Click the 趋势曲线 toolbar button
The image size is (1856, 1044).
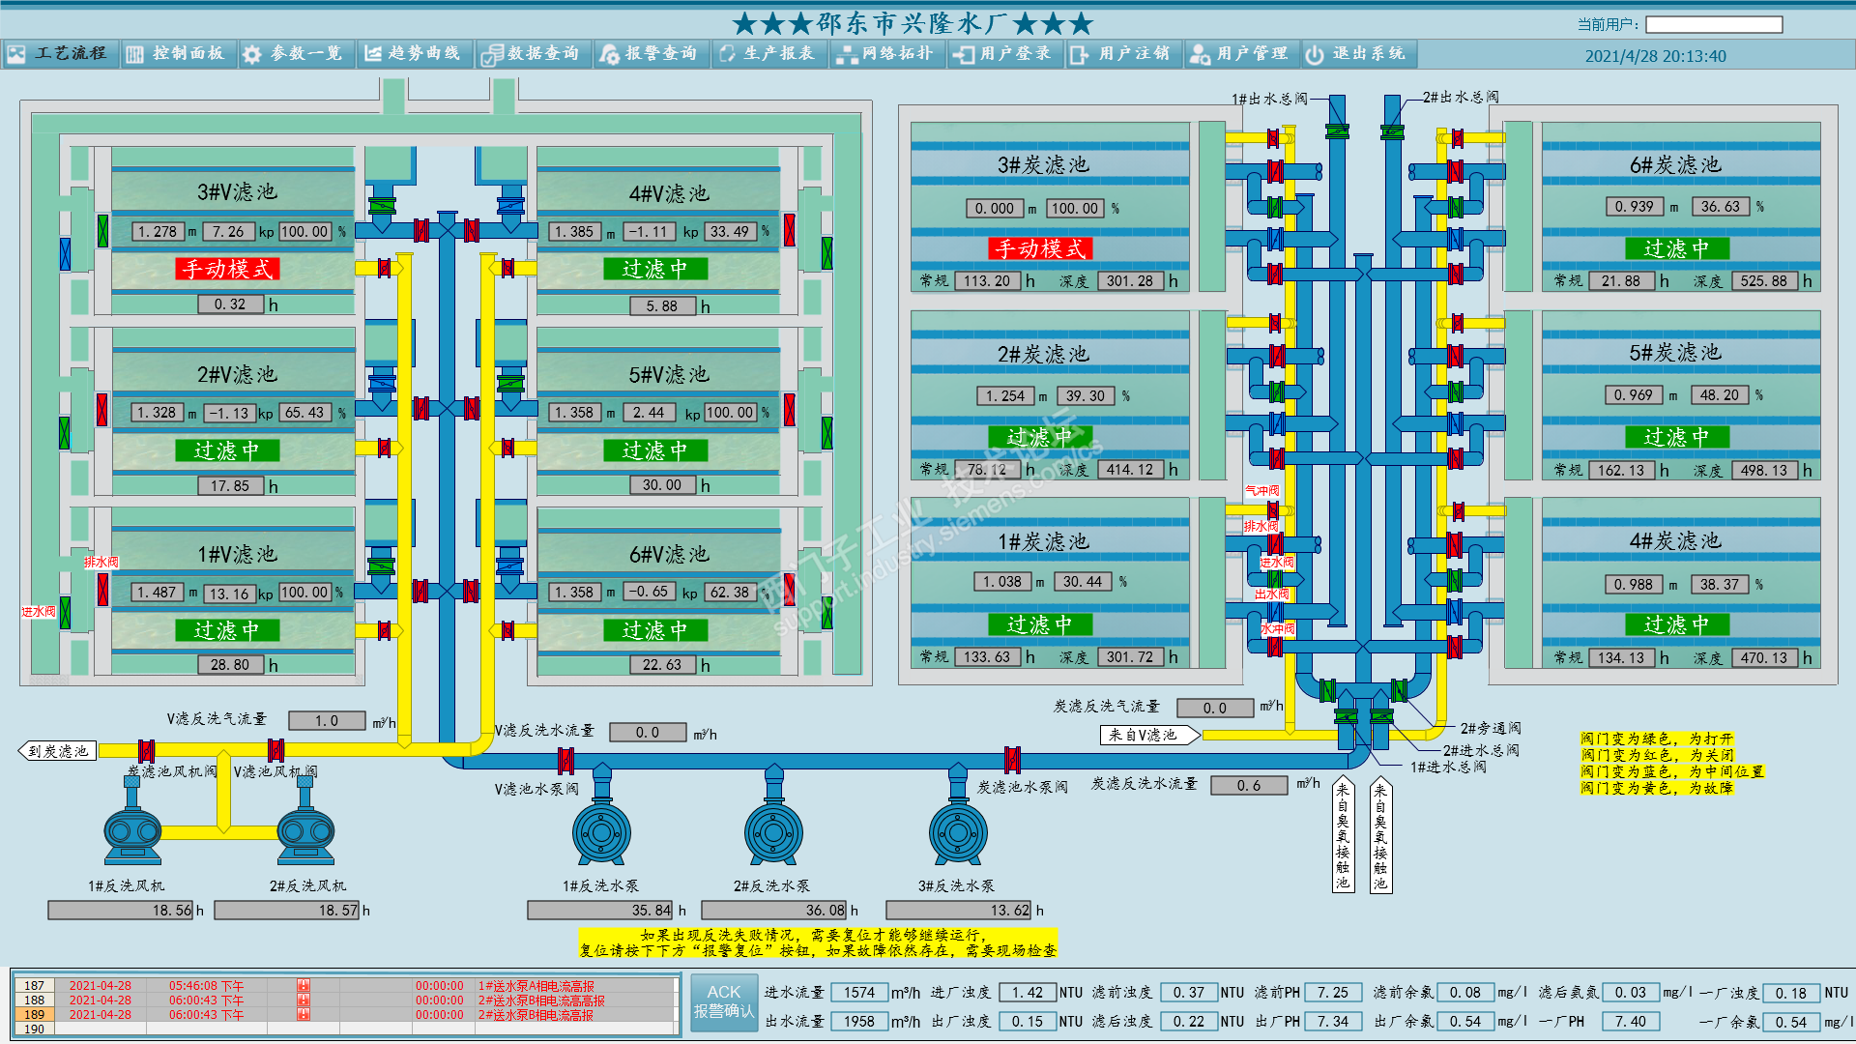[x=414, y=54]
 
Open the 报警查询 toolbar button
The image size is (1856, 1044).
[x=650, y=54]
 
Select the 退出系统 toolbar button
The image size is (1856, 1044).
[x=1357, y=54]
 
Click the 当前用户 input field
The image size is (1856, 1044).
[x=1713, y=24]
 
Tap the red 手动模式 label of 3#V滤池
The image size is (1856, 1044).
[x=227, y=269]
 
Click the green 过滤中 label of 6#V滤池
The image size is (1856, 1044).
[x=654, y=630]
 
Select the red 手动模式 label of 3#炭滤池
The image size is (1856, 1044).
[x=1040, y=248]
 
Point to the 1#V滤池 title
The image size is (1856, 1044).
[x=237, y=554]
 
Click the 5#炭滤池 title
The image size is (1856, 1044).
[x=1674, y=353]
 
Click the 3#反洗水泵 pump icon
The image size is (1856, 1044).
[x=957, y=831]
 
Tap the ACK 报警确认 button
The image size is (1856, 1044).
[x=723, y=1002]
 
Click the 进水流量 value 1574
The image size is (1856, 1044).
[x=858, y=993]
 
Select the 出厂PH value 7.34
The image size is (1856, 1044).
[x=1333, y=1022]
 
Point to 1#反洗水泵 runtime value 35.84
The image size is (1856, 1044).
[x=599, y=911]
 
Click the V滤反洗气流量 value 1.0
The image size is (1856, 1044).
[x=327, y=721]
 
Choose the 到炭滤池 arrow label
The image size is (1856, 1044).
[x=58, y=751]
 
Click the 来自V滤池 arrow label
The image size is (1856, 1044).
[x=1147, y=736]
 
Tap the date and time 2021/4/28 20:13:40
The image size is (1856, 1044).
[x=1655, y=56]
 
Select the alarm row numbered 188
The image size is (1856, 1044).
[x=348, y=1000]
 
